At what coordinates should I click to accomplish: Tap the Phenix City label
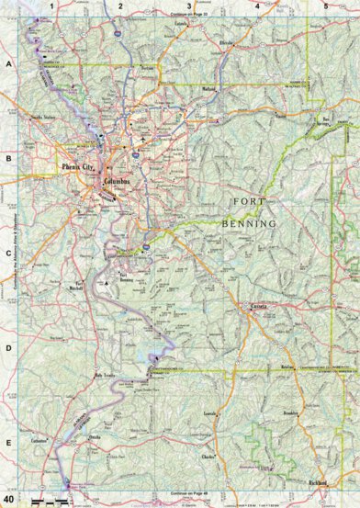point(77,169)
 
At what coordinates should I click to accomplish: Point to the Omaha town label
point(94,437)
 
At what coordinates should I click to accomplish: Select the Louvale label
point(209,414)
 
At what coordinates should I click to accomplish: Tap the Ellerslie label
point(227,42)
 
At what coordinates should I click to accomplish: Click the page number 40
point(8,497)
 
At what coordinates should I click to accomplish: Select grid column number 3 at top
point(188,6)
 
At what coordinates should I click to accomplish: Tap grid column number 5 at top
point(325,6)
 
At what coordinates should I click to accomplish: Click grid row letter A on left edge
point(8,65)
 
